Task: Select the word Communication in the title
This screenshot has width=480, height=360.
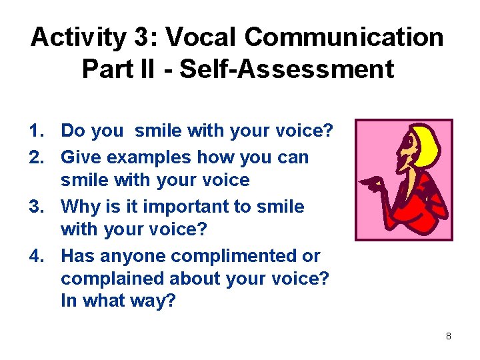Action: point(344,38)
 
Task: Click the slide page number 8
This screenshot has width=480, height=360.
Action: point(448,337)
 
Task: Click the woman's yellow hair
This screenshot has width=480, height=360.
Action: point(427,143)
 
